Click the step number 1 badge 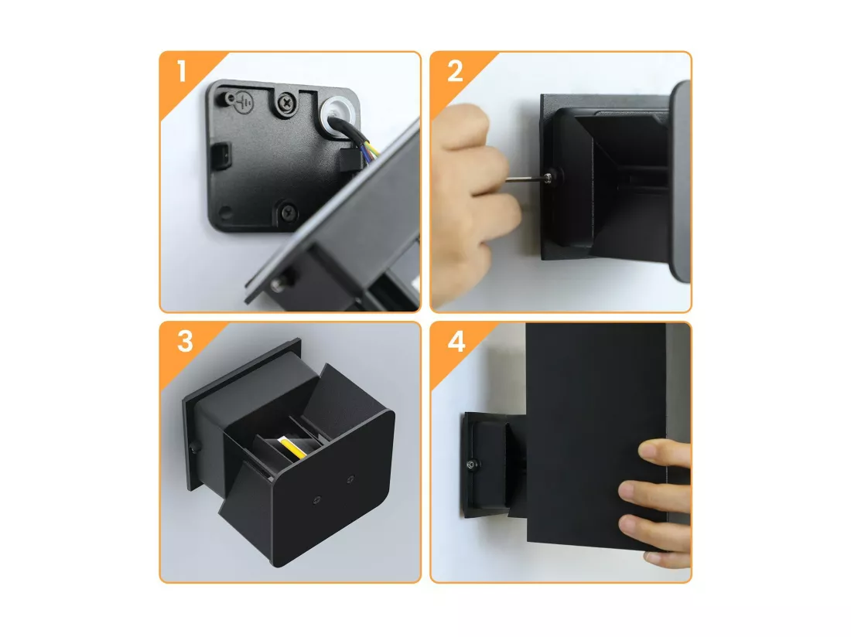(182, 71)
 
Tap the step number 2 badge (455, 71)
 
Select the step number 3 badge (185, 342)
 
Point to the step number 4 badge (456, 342)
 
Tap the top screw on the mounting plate (285, 102)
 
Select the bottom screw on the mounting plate (289, 211)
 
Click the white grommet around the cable (339, 115)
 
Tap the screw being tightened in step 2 (550, 176)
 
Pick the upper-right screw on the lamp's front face (351, 479)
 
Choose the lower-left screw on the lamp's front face (316, 499)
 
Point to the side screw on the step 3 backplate (193, 448)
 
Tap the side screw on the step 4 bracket (472, 464)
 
